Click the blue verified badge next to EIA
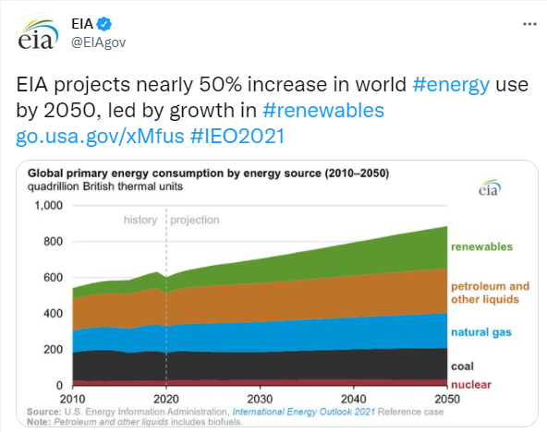(104, 24)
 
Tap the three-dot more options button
(529, 24)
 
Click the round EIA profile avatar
(38, 34)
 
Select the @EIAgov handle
(98, 42)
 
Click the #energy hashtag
(451, 85)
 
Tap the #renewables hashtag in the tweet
(323, 110)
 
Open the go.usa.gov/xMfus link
(100, 136)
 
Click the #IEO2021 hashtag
(237, 136)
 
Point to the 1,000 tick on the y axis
(48, 206)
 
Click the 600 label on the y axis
(53, 278)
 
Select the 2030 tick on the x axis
(260, 399)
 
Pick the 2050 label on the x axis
(447, 399)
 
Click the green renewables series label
(481, 247)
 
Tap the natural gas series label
(481, 332)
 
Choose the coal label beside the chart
(462, 366)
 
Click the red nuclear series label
(471, 385)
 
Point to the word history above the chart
(140, 221)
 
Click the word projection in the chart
(195, 221)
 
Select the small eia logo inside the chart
(490, 188)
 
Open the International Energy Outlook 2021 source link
(303, 412)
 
